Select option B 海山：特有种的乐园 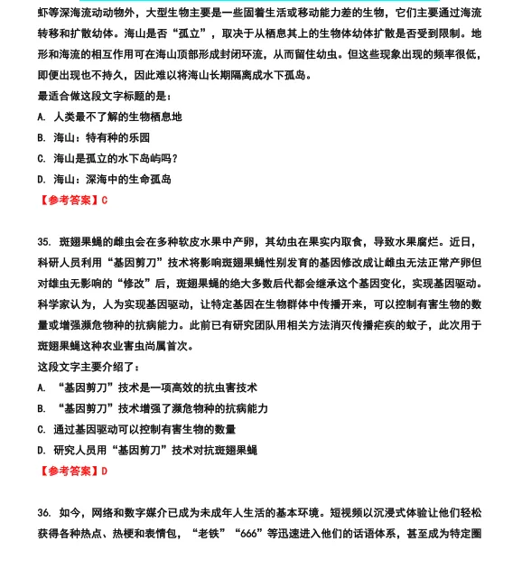pyautogui.click(x=94, y=137)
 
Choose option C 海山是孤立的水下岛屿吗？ pyautogui.click(x=107, y=158)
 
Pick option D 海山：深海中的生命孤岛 pyautogui.click(x=104, y=179)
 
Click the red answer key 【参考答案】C pyautogui.click(x=73, y=200)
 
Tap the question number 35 pyautogui.click(x=44, y=241)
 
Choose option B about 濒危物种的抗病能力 pyautogui.click(x=153, y=408)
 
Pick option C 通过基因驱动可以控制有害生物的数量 pyautogui.click(x=136, y=429)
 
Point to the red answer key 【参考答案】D pyautogui.click(x=73, y=471)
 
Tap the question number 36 pyautogui.click(x=44, y=512)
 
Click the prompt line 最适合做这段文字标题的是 pyautogui.click(x=104, y=96)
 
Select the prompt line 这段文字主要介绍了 pyautogui.click(x=89, y=367)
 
